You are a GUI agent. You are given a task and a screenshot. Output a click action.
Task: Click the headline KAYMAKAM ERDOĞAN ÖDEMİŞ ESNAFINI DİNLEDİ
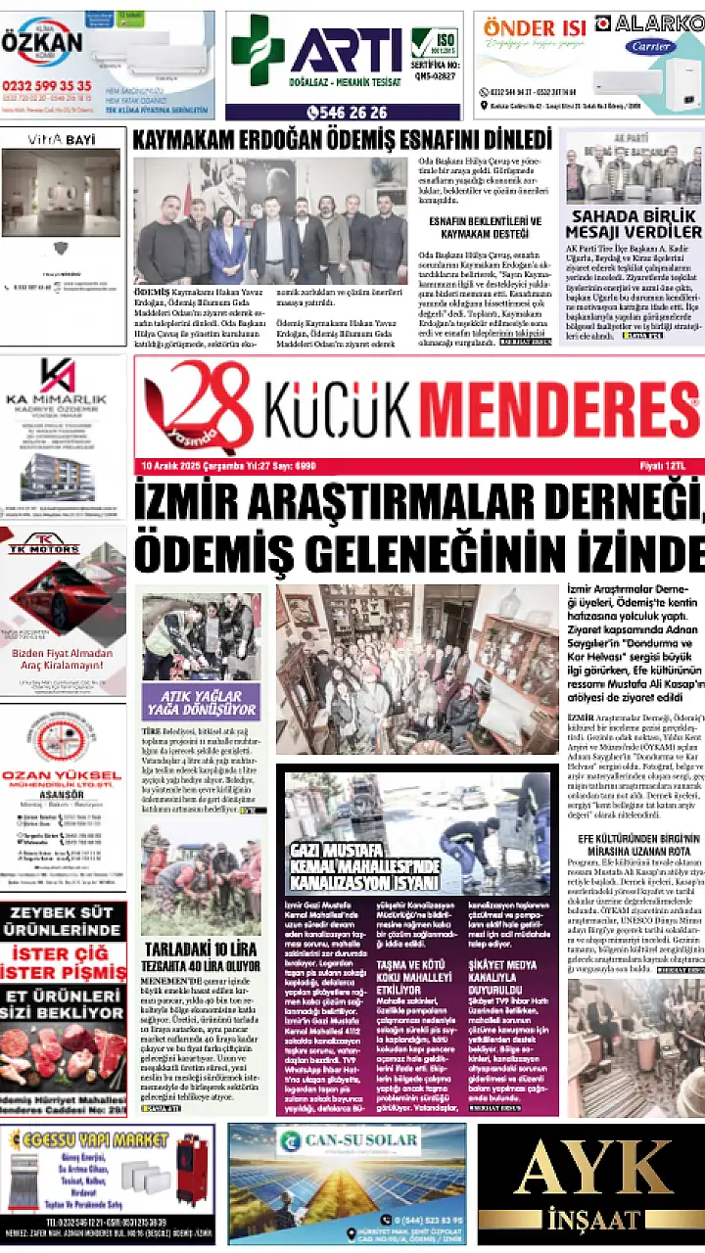pos(342,139)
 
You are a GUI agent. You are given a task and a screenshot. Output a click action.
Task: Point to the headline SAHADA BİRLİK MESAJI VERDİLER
pos(635,224)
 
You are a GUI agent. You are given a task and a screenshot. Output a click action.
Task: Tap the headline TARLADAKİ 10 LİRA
pos(201,950)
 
